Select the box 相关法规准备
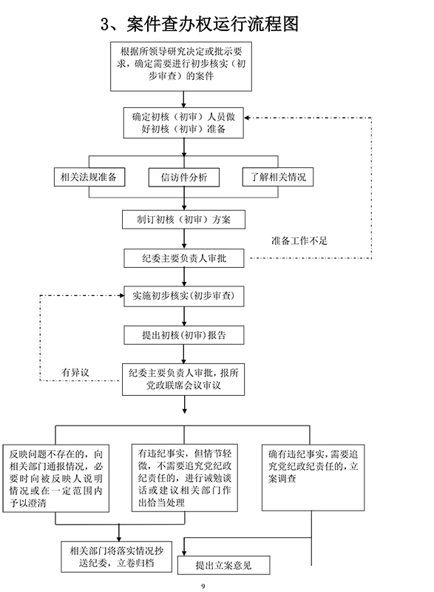(x=89, y=177)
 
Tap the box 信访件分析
(x=184, y=178)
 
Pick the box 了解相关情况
(x=277, y=177)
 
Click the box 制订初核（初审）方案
(x=183, y=220)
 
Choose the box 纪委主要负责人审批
(x=184, y=258)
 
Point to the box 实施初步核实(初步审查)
(x=184, y=295)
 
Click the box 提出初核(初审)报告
(x=184, y=335)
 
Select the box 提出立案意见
(x=223, y=565)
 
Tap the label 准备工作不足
(x=299, y=241)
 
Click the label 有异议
(x=75, y=373)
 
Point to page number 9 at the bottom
(x=203, y=586)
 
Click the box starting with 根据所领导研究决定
(x=181, y=67)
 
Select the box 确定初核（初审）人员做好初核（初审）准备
(x=183, y=123)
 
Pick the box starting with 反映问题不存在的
(x=55, y=478)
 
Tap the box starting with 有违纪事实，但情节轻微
(x=185, y=477)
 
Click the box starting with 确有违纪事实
(x=313, y=477)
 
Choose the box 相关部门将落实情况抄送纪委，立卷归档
(x=117, y=557)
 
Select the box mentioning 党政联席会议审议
(x=183, y=380)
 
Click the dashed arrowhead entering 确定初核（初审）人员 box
(x=247, y=118)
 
